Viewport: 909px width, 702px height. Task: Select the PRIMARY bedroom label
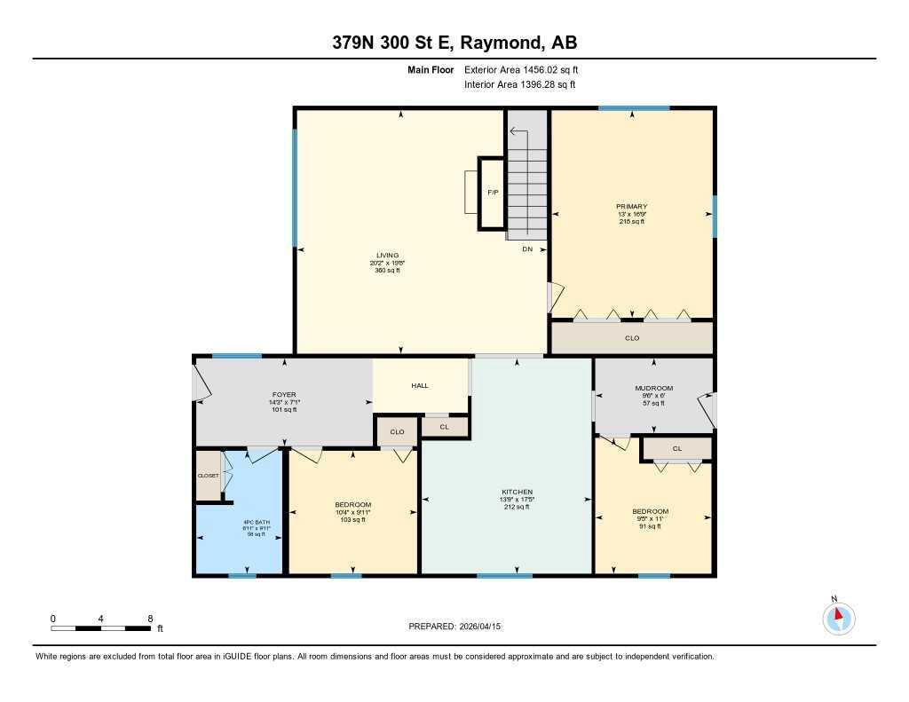tap(631, 207)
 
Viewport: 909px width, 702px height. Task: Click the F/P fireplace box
tap(492, 193)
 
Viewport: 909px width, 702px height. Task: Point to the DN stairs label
tap(526, 249)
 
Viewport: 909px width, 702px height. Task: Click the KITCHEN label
tap(517, 492)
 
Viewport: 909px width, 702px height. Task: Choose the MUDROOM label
tap(653, 388)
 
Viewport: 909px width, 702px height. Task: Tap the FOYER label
tap(283, 394)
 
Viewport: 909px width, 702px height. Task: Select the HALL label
tap(420, 386)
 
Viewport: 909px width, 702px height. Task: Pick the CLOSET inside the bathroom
tap(208, 476)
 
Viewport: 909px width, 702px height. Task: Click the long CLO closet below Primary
tap(631, 338)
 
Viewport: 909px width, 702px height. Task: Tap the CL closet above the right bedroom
tap(676, 448)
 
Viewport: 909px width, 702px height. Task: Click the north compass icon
tap(838, 618)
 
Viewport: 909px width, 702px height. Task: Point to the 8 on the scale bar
tap(150, 619)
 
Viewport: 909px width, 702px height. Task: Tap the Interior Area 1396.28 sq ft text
tap(519, 85)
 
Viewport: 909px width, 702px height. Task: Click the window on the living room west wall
tap(295, 187)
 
